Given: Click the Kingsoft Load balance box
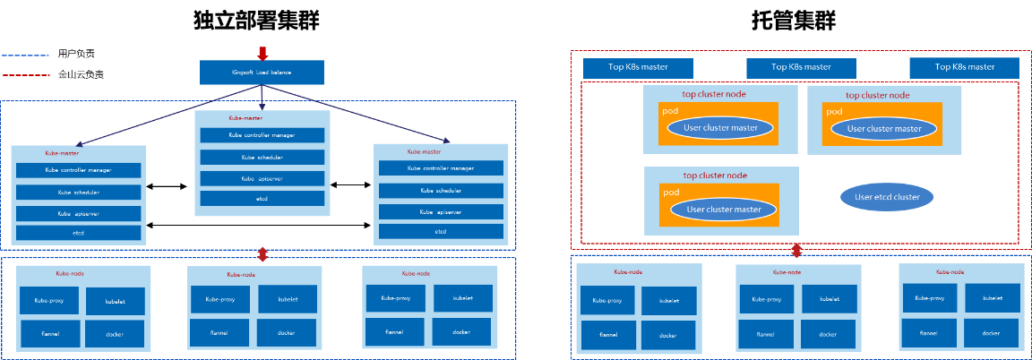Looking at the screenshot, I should pos(261,73).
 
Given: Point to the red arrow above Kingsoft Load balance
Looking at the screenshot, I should pos(262,52).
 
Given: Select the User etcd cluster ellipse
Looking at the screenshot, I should pos(887,197).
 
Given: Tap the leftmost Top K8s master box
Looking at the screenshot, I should pos(638,67).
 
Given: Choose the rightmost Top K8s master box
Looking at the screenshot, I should pos(964,67).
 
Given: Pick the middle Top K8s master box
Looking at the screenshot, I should pos(801,67).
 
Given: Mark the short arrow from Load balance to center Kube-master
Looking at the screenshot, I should pos(261,97).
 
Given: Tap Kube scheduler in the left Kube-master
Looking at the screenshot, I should pos(78,193).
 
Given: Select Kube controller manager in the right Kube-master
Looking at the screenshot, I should pos(440,168).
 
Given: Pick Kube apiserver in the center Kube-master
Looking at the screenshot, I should pos(262,178).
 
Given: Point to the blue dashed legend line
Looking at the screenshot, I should pos(25,56).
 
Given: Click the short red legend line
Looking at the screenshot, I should pos(25,75).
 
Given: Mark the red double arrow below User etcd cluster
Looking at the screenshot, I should pos(796,250).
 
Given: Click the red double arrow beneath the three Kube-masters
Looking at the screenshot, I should pos(261,253).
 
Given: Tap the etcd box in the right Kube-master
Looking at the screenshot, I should pos(440,232).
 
